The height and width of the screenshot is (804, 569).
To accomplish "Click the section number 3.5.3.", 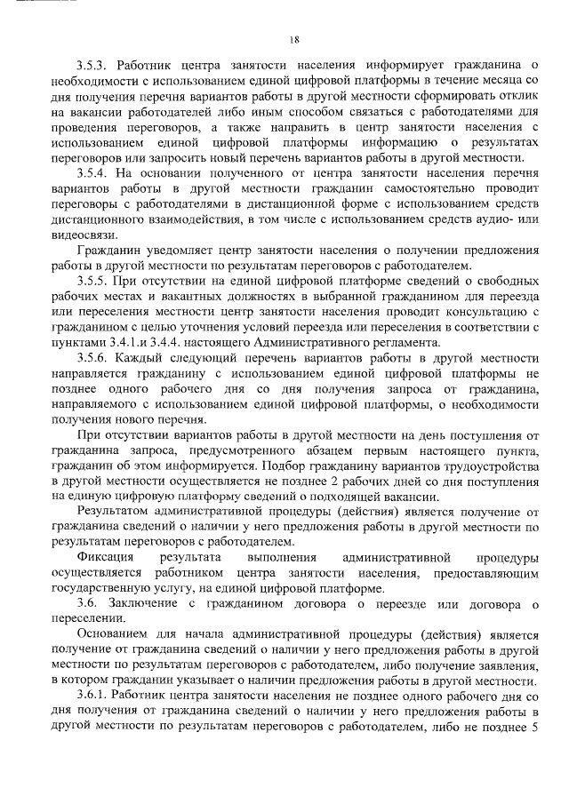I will tap(93, 64).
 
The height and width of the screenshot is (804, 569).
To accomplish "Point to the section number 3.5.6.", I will tap(93, 357).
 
